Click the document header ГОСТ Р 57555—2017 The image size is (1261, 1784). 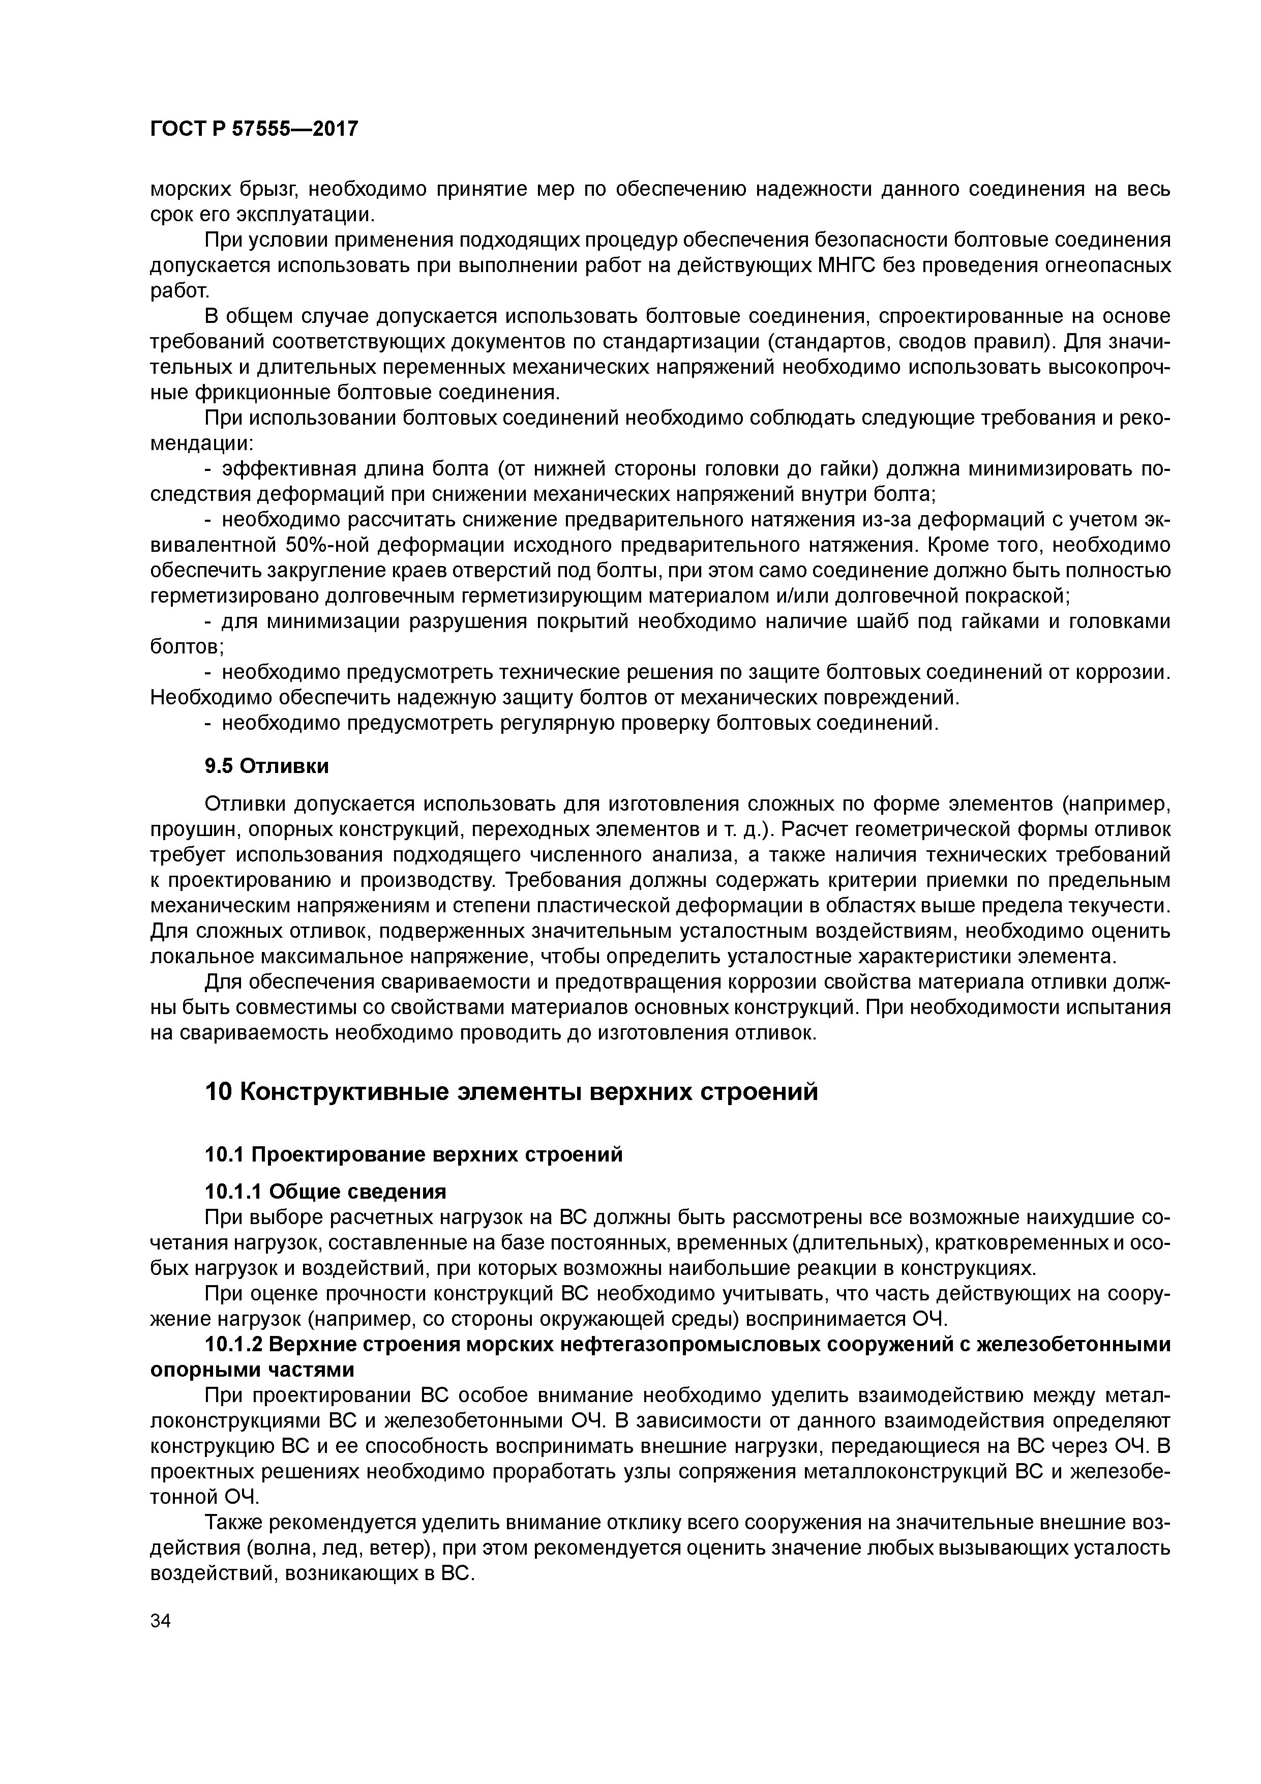pos(254,129)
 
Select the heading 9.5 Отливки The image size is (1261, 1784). pos(266,766)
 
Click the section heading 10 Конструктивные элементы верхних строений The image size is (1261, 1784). pos(511,1092)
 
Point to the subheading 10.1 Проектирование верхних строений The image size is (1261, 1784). pos(413,1154)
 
